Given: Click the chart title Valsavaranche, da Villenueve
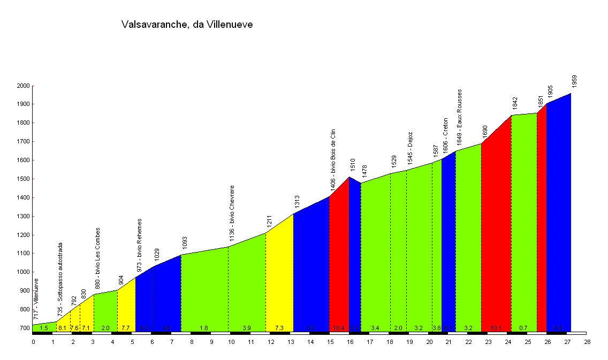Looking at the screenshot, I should coord(187,25).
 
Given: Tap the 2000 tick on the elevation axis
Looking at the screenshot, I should coord(22,86).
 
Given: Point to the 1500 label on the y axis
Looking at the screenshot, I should coord(22,179).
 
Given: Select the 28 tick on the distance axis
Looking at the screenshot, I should coord(587,341).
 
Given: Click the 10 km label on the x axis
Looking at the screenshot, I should coord(231,341).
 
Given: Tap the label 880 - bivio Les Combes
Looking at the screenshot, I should coord(98,259).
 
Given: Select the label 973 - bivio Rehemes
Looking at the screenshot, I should coord(139,247).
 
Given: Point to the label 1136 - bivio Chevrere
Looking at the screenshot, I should coord(232,217).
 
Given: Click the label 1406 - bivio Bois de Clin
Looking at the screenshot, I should coord(333,160).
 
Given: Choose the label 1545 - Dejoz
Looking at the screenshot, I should coord(410,148).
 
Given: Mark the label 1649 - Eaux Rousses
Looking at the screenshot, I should coord(459,118).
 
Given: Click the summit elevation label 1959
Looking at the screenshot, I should coord(574,81).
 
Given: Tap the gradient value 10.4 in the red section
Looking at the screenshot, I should coord(339,328).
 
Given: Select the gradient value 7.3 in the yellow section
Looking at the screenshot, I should coord(279,328).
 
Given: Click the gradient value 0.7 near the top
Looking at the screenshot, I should coord(524,328).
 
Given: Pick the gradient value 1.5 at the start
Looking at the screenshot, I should coord(44,328).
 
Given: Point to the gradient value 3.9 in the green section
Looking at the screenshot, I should coord(247,328).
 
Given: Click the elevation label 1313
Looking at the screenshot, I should coord(297,202).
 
